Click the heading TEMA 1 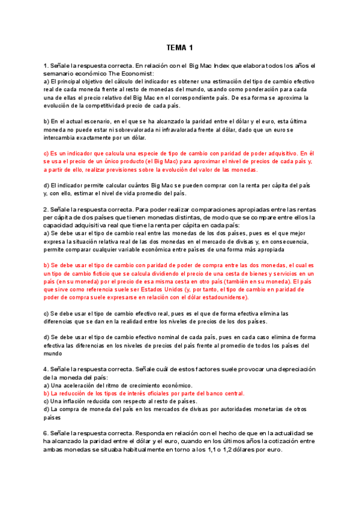tap(180, 47)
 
